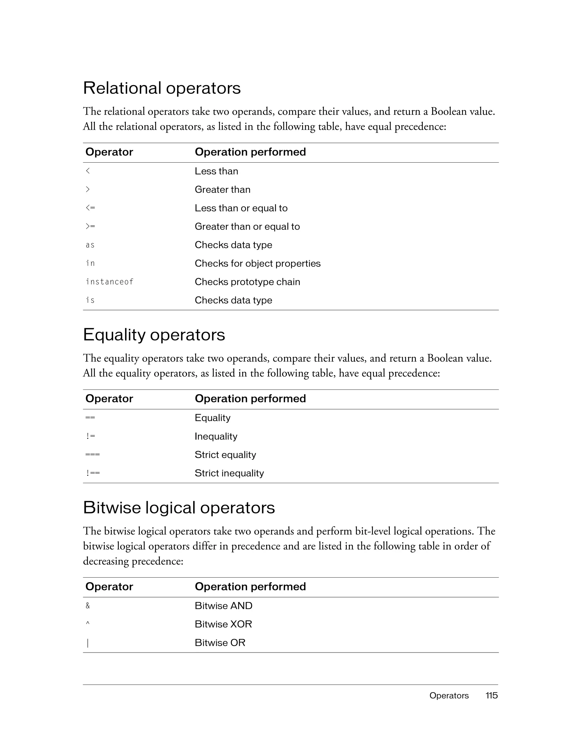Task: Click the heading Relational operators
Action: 162,88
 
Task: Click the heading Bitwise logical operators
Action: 179,508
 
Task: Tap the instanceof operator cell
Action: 110,282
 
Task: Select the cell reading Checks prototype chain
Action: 247,282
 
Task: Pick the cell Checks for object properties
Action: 258,263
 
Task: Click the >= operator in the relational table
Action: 90,226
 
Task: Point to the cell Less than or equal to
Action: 241,208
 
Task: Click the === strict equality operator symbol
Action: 92,454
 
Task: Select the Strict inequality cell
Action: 229,473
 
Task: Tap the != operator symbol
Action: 90,436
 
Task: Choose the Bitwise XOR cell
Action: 223,624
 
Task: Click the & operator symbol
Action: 88,606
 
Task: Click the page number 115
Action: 491,695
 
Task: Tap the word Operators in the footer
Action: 449,695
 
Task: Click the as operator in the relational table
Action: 90,245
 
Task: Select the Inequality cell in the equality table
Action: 216,436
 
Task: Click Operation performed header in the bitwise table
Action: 250,587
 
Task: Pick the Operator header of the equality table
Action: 109,399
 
